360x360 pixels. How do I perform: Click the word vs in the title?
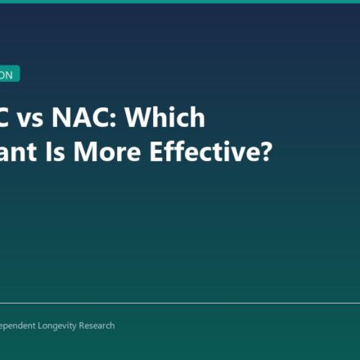tap(30, 119)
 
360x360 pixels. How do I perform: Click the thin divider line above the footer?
tap(180, 303)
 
